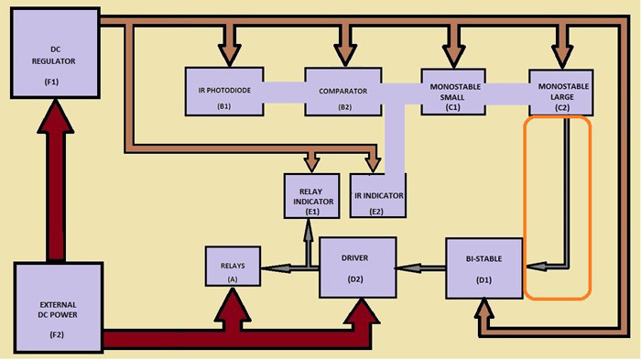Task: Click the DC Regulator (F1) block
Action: coord(53,53)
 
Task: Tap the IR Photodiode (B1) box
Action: coord(223,92)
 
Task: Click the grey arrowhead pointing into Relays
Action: coord(268,267)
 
